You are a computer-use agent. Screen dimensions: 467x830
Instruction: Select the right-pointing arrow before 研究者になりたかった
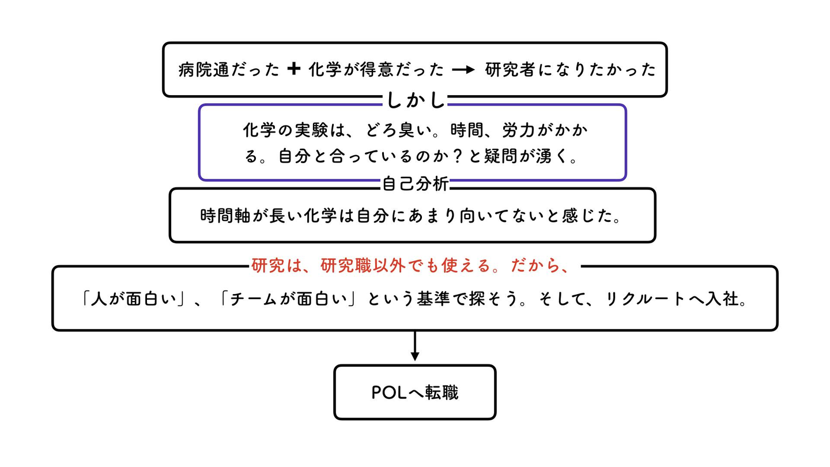click(x=463, y=70)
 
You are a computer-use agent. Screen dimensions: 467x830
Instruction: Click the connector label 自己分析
click(x=415, y=184)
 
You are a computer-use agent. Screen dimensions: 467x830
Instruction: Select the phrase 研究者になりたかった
click(x=571, y=70)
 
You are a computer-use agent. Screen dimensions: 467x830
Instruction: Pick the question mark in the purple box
click(x=459, y=156)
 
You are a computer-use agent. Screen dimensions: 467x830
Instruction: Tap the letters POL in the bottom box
click(x=390, y=393)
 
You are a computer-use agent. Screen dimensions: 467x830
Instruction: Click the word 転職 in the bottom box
click(x=442, y=393)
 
